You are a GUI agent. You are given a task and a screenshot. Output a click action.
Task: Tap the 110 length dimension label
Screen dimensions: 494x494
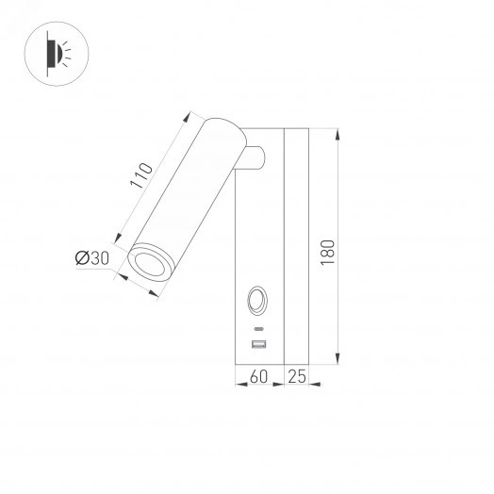pos(141,178)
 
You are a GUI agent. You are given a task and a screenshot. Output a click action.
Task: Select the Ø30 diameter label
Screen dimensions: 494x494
pos(92,257)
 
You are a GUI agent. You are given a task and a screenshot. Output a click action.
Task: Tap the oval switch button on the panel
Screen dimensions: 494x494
pos(256,303)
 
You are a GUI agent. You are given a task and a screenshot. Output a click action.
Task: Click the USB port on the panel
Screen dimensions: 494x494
pos(257,344)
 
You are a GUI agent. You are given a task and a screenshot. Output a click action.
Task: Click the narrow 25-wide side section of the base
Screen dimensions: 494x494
pos(296,245)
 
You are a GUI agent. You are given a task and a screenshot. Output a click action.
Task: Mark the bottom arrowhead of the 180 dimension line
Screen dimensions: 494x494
pos(337,358)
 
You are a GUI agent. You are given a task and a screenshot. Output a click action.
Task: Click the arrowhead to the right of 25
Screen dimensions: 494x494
pos(315,384)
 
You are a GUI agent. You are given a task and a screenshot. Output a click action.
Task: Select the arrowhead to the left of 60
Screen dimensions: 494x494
pos(237,384)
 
